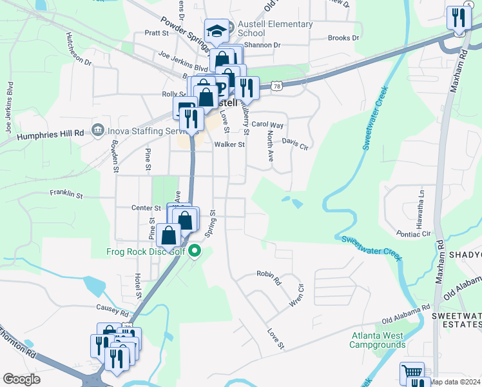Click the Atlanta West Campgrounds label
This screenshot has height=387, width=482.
[x=378, y=340]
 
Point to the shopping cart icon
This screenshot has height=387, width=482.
[x=412, y=373]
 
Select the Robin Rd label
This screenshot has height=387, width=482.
[x=269, y=278]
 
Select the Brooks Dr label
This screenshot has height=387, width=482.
[x=343, y=38]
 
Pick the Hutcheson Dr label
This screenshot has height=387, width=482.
[x=79, y=50]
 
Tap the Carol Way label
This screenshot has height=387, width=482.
[x=267, y=124]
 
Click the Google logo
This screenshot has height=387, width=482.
[x=22, y=379]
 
